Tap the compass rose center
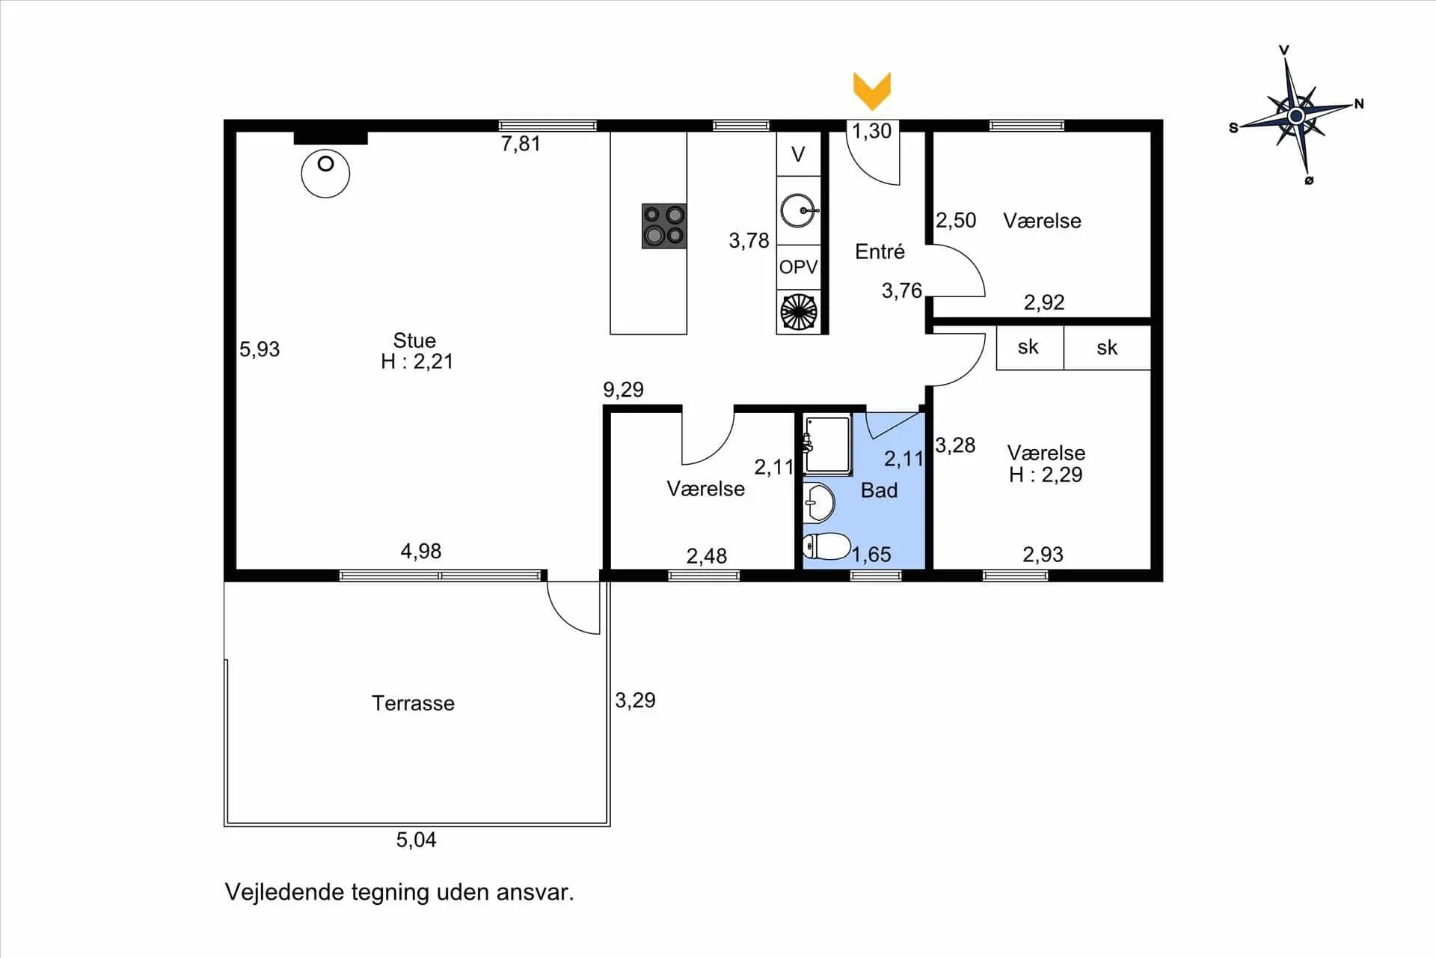pos(1296,116)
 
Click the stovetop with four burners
pos(664,226)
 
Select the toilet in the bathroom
pos(826,546)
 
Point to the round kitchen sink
pos(798,210)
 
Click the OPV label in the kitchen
pos(798,267)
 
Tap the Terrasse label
pos(413,703)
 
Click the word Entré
pos(880,251)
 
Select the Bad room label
pos(879,490)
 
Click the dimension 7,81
pos(521,144)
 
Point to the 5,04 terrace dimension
pos(416,840)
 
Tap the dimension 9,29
pos(623,389)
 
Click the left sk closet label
pos(1028,347)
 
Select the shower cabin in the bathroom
pos(828,445)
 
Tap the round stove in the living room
pos(325,173)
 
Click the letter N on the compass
pos(1359,104)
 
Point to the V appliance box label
pos(798,154)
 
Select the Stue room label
pos(414,341)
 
